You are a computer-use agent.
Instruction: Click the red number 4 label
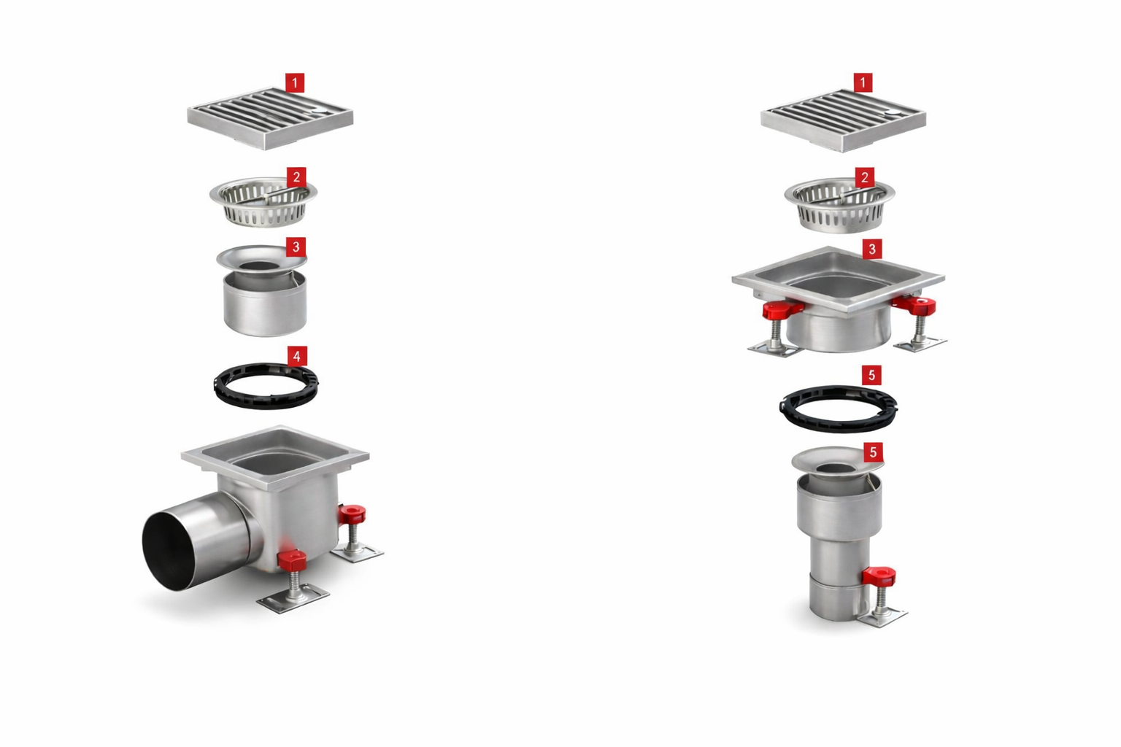coord(296,356)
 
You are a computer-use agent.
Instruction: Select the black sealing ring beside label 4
coord(266,386)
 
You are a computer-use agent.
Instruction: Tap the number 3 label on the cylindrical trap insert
coord(296,247)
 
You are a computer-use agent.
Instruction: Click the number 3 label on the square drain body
coord(871,249)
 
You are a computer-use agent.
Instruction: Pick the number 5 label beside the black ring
coord(871,376)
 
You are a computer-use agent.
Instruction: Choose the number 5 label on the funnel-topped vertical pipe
coord(873,452)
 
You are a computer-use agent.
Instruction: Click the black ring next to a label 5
coord(838,407)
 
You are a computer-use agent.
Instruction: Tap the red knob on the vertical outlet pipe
coord(879,576)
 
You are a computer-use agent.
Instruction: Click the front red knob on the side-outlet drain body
coord(292,561)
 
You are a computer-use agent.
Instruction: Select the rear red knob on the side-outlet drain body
coord(353,514)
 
